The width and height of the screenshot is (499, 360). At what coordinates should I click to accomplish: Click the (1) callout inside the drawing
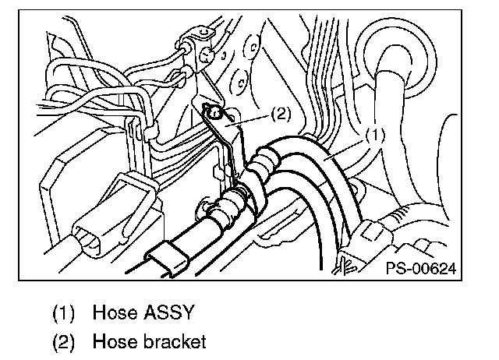pyautogui.click(x=374, y=134)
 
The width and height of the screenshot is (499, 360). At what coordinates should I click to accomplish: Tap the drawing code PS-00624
pyautogui.click(x=419, y=270)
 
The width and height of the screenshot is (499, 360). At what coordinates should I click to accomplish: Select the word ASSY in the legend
pyautogui.click(x=164, y=314)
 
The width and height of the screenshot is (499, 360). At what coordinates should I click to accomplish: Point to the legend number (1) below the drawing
pyautogui.click(x=64, y=315)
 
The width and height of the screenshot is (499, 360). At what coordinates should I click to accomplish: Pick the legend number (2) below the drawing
pyautogui.click(x=64, y=341)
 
